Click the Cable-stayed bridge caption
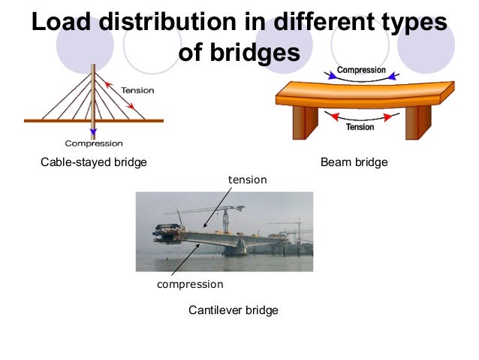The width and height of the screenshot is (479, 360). coord(93,162)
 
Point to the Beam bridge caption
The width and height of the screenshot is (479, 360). coord(354,162)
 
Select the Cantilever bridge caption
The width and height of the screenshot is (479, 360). coord(233,310)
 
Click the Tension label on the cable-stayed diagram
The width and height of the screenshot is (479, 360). coord(137,90)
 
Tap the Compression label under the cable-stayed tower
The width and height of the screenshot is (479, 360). coord(94,143)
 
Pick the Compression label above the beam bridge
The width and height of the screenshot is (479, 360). coord(361,70)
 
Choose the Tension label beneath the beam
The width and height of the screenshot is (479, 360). coord(360,127)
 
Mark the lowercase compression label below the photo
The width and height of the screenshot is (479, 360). coord(189,285)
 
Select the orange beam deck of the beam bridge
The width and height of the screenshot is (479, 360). coord(360,95)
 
